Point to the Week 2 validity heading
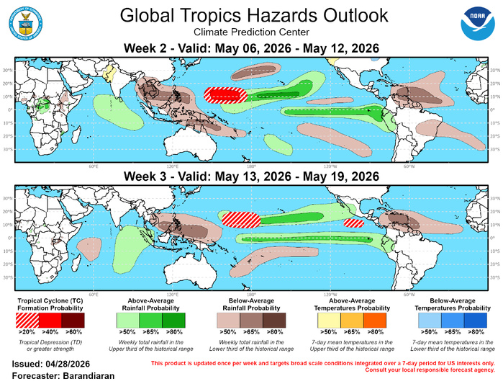251,48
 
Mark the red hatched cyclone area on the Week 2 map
225,94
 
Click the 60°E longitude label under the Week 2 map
94,146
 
